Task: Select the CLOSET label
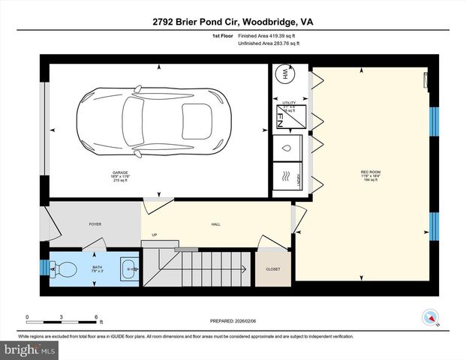coord(273,269)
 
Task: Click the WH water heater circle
coord(284,75)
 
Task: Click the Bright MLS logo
coord(28,350)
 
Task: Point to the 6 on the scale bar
coord(97,316)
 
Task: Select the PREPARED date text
coord(232,320)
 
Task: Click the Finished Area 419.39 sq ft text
coord(269,35)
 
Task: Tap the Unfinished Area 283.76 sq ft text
coord(269,44)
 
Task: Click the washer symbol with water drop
coord(286,148)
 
